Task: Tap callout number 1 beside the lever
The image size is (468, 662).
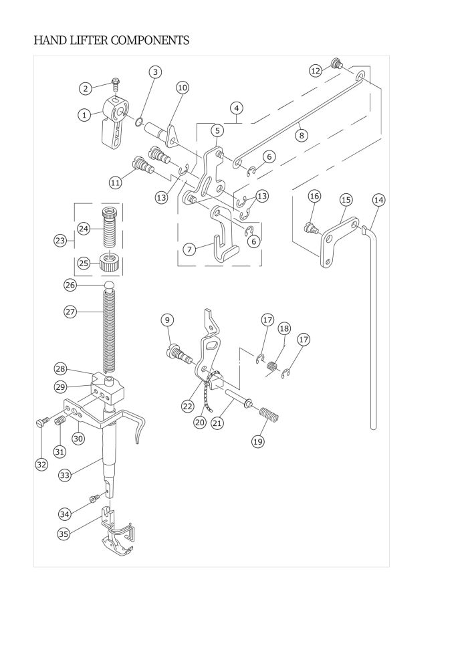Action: tap(84, 114)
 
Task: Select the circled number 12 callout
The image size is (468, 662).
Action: tap(316, 70)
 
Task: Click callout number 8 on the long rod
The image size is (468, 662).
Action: tap(302, 136)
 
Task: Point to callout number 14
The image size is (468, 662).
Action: tap(378, 200)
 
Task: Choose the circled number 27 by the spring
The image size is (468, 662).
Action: tap(70, 312)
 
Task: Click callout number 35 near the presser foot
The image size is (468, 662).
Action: tap(64, 534)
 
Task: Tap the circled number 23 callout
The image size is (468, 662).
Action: tap(60, 241)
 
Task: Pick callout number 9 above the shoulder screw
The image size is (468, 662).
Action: tap(167, 320)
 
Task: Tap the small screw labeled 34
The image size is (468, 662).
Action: tap(94, 498)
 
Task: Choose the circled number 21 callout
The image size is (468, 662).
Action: tap(217, 423)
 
